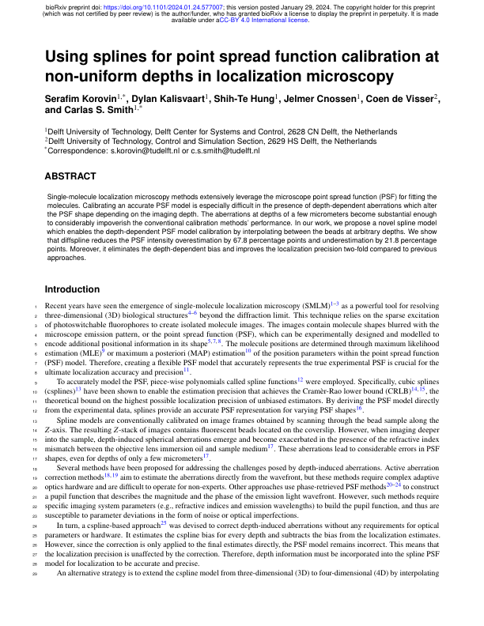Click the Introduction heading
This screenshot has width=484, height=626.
(79, 288)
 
